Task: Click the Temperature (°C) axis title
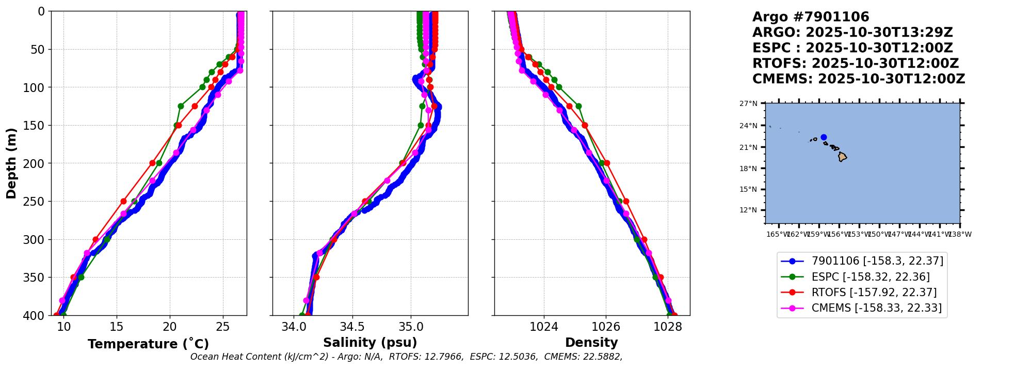coord(148,344)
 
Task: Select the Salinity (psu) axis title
coord(370,343)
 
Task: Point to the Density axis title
coord(591,343)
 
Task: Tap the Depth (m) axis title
coord(11,163)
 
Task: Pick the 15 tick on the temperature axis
coord(117,327)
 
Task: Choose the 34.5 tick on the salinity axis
coord(352,327)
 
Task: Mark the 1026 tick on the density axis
coord(606,327)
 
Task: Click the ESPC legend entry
coord(871,277)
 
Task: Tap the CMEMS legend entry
coord(876,308)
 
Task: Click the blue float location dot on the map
coord(824,137)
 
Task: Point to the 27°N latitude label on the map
coord(748,103)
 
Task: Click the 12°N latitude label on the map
coord(748,210)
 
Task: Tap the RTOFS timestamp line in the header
coord(855,64)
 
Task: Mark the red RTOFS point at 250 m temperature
coord(123,201)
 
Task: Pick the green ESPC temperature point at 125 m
coord(181,106)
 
